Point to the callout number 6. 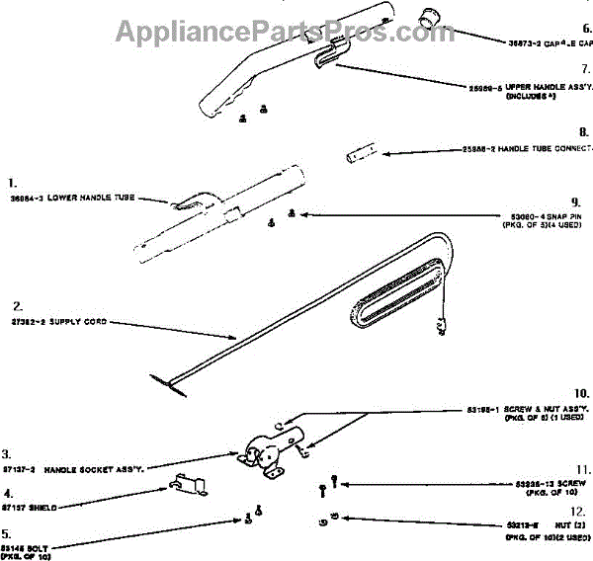pyautogui.click(x=585, y=29)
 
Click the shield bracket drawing pyautogui.click(x=188, y=485)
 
